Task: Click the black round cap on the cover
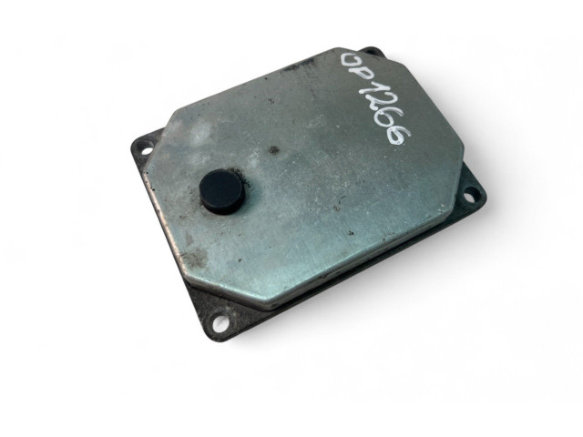[222, 191]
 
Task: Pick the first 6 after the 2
[391, 121]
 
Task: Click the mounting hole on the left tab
[147, 150]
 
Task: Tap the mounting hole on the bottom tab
[220, 320]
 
